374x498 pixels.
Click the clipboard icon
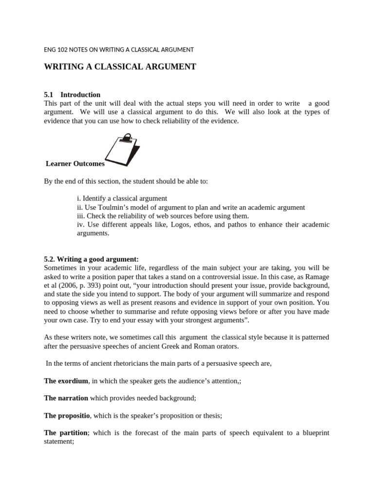point(122,151)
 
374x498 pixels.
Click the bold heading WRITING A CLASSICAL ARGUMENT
point(120,67)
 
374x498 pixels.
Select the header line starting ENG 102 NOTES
point(119,50)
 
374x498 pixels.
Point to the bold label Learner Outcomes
point(75,164)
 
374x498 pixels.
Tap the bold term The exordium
point(66,381)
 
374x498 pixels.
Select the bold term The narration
point(66,398)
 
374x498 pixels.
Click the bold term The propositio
point(67,415)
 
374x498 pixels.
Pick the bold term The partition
point(65,432)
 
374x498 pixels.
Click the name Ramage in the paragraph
point(317,276)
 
